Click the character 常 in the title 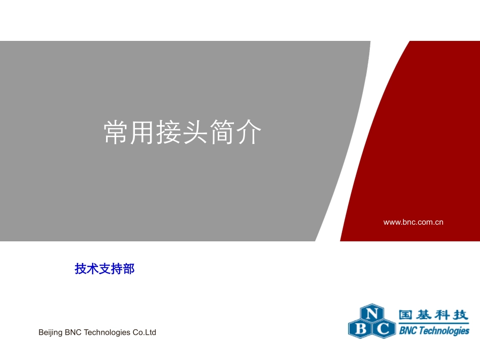tap(117, 133)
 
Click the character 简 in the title tap(223, 133)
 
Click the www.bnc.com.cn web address tap(413, 222)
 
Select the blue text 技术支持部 tap(105, 269)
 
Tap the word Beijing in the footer tap(51, 333)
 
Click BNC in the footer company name tap(74, 332)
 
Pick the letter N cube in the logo tap(371, 314)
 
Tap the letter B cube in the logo tap(360, 329)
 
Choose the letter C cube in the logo tap(384, 329)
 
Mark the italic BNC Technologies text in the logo tap(434, 331)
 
